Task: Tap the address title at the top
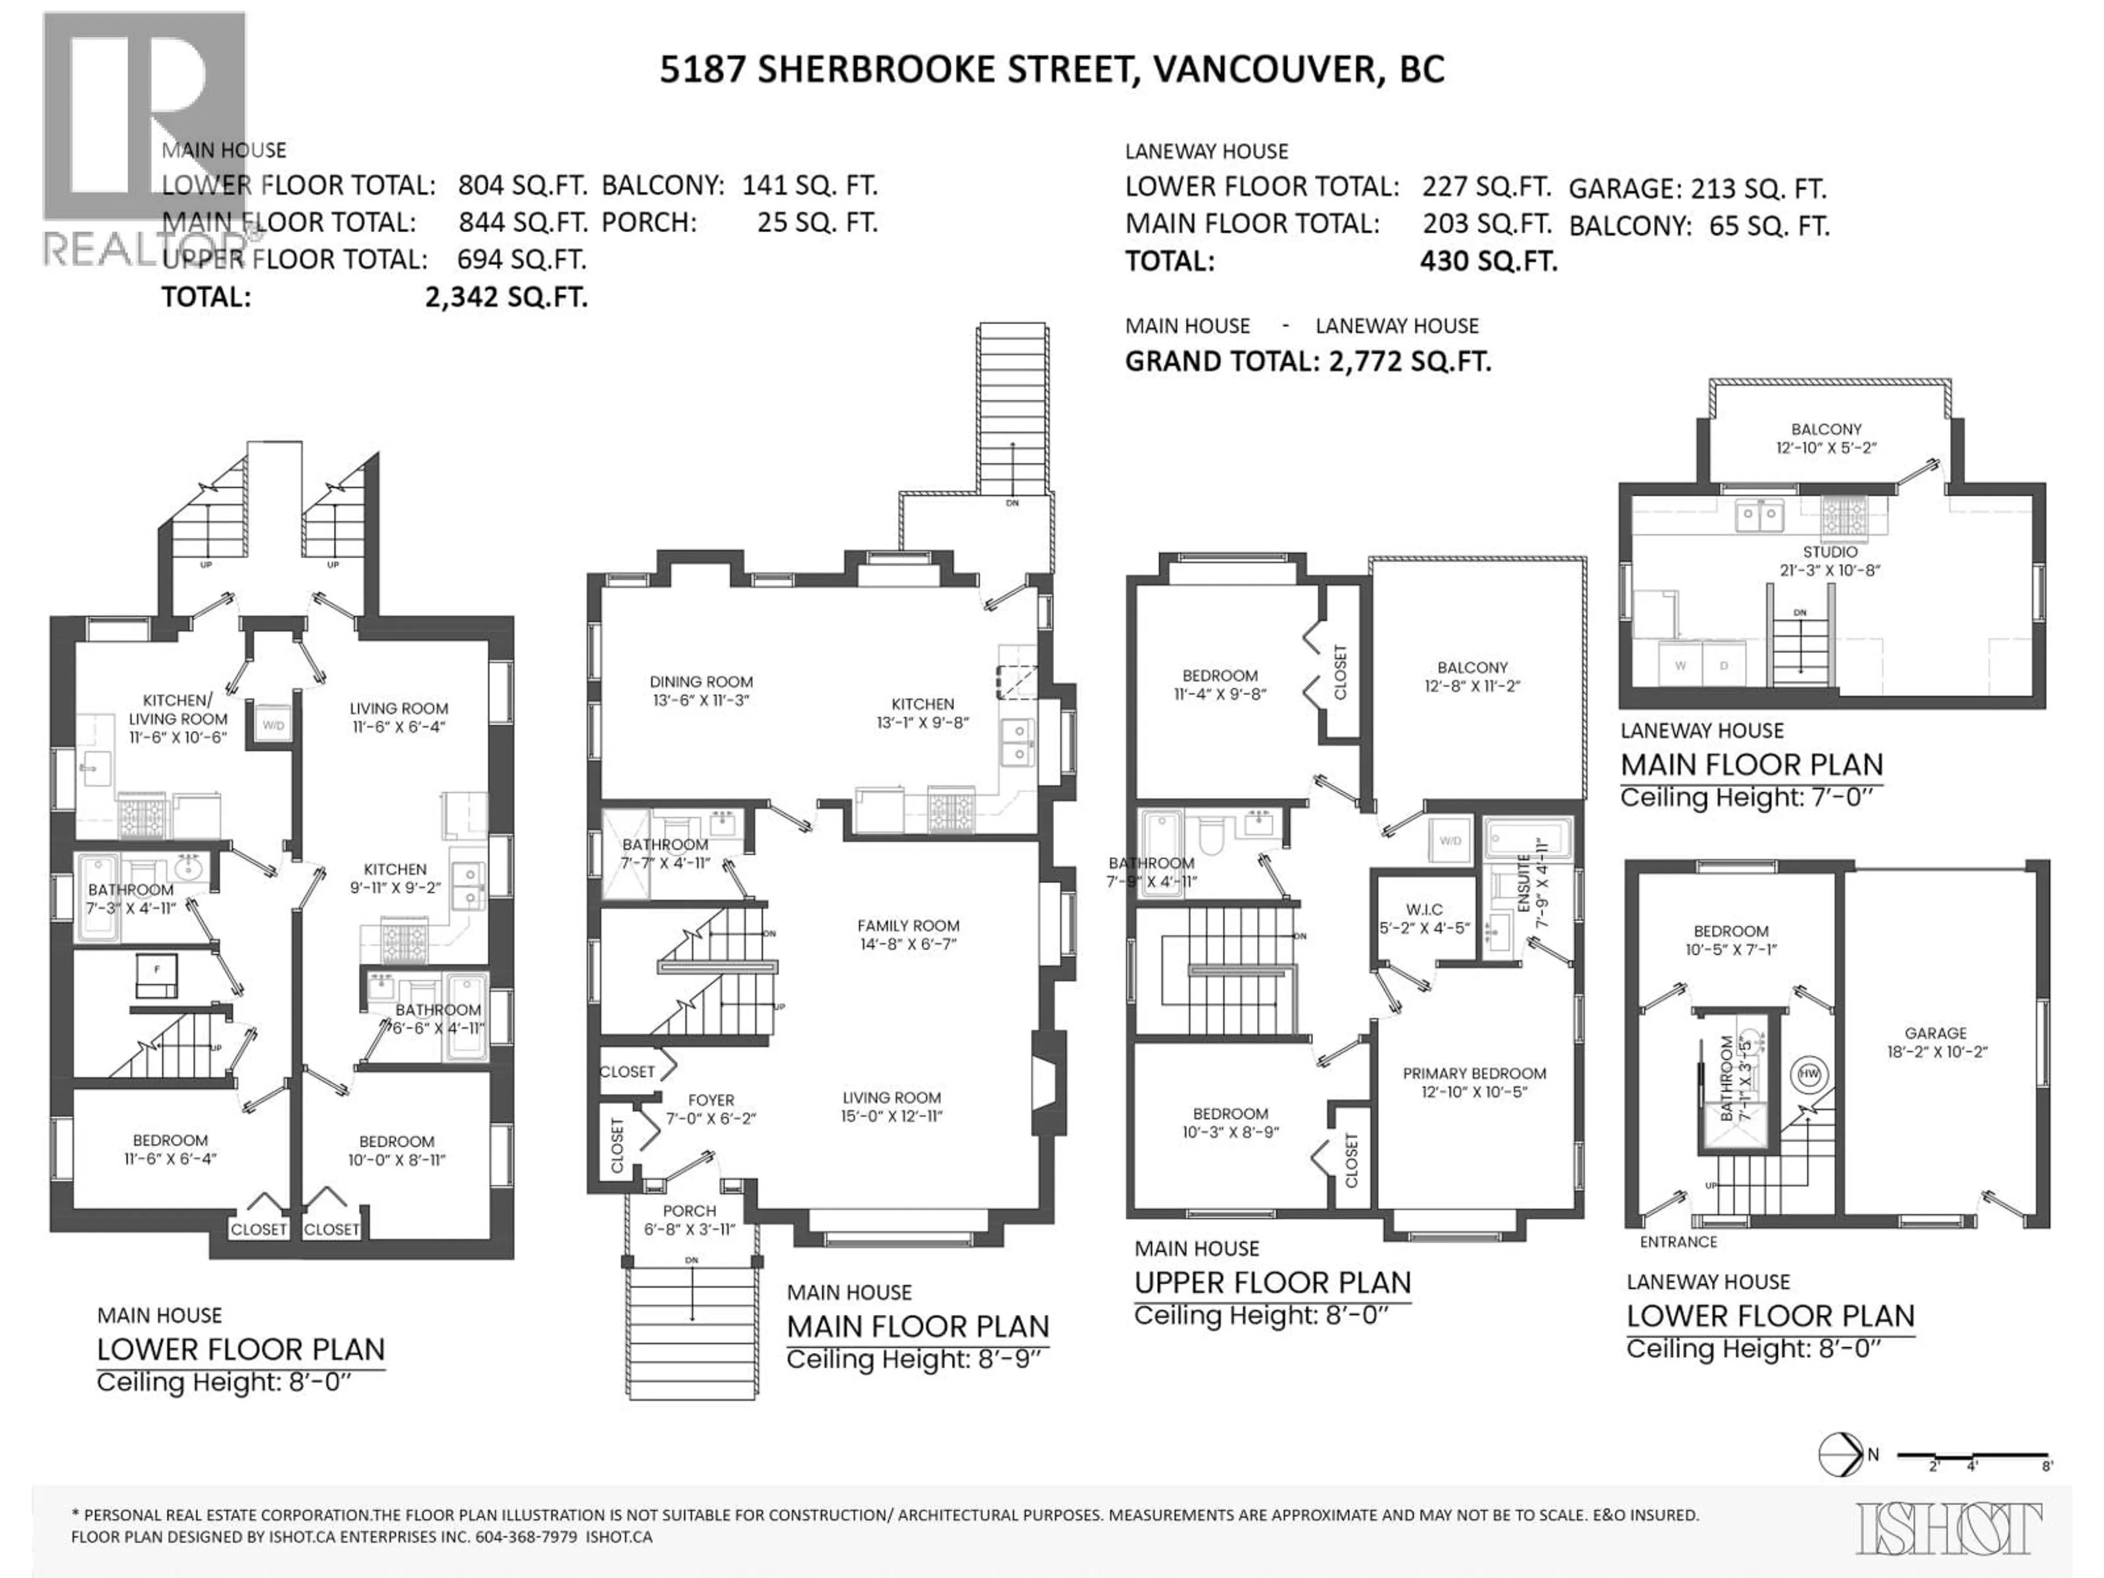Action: (x=1052, y=70)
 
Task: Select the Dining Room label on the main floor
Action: (x=701, y=690)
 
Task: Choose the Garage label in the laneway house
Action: (x=1936, y=1042)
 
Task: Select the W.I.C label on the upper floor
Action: (x=1424, y=919)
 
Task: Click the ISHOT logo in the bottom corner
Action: (x=1948, y=1528)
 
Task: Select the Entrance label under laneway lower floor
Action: (x=1678, y=1242)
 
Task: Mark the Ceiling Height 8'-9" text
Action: (x=914, y=1360)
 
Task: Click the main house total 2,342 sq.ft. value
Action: (x=506, y=298)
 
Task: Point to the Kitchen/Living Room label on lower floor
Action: (x=179, y=718)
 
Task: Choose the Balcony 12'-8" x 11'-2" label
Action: (x=1472, y=676)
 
